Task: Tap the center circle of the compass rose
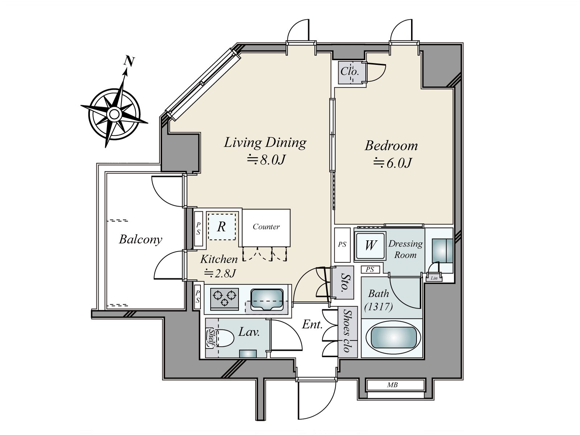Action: point(114,114)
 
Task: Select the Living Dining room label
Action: point(265,142)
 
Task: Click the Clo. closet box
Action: point(349,72)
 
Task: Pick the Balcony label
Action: point(140,240)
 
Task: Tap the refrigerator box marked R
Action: point(221,227)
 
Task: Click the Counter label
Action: point(266,227)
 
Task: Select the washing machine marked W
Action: point(370,245)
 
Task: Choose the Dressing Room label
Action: point(405,249)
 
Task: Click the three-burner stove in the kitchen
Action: point(224,299)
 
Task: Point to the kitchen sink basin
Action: point(266,299)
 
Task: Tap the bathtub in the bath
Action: point(393,338)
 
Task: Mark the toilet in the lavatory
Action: point(225,338)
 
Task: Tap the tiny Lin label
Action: point(434,278)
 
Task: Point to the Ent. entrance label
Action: point(312,324)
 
